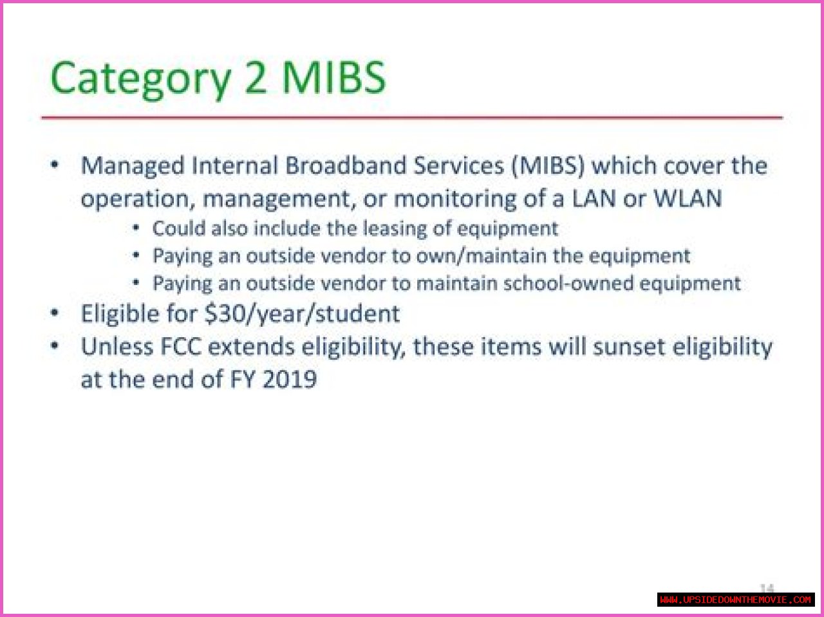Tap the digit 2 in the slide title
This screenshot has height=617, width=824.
[256, 77]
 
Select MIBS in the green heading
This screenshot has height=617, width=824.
[333, 77]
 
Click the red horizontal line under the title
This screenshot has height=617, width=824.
[412, 118]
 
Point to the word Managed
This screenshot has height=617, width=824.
[133, 167]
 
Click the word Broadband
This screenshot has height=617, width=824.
[346, 165]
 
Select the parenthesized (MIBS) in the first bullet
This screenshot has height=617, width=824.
[548, 166]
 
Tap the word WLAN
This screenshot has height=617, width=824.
[688, 198]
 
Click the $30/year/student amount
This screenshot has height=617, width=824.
[302, 314]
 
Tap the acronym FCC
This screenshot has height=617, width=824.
[180, 347]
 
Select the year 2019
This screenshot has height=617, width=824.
[290, 379]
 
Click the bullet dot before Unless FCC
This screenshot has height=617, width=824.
[55, 345]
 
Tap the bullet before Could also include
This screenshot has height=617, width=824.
[136, 228]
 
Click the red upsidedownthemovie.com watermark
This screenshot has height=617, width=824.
[736, 600]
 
